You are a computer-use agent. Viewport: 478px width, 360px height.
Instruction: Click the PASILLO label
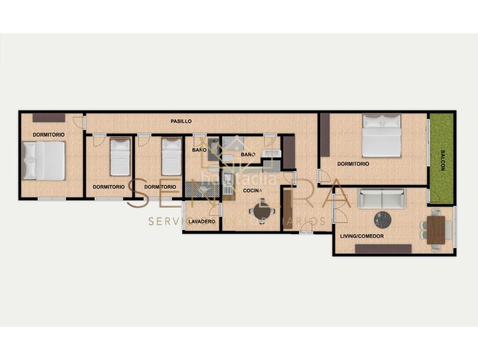click(181, 121)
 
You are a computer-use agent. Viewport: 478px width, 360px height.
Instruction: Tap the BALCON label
click(443, 160)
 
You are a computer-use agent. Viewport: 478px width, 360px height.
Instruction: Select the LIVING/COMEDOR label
click(362, 236)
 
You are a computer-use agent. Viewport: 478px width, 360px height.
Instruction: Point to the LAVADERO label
click(202, 221)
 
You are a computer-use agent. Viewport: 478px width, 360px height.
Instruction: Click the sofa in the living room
click(381, 198)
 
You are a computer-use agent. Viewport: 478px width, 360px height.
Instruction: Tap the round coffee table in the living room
click(382, 220)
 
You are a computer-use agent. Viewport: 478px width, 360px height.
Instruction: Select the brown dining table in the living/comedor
click(436, 229)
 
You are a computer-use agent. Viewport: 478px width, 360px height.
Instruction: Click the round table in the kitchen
click(262, 211)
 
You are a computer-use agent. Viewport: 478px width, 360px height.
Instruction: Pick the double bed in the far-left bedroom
click(44, 160)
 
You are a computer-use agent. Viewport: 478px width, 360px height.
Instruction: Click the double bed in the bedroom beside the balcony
click(381, 135)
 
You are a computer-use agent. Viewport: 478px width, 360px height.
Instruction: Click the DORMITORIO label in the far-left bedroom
click(49, 134)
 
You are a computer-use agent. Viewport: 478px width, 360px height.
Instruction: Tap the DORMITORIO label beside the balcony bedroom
click(353, 164)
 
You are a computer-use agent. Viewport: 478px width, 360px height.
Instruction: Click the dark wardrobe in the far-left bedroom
click(49, 118)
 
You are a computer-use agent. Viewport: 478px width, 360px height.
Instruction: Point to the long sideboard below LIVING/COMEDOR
click(383, 248)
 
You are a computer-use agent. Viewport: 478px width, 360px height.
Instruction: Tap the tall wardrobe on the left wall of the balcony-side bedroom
click(325, 135)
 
